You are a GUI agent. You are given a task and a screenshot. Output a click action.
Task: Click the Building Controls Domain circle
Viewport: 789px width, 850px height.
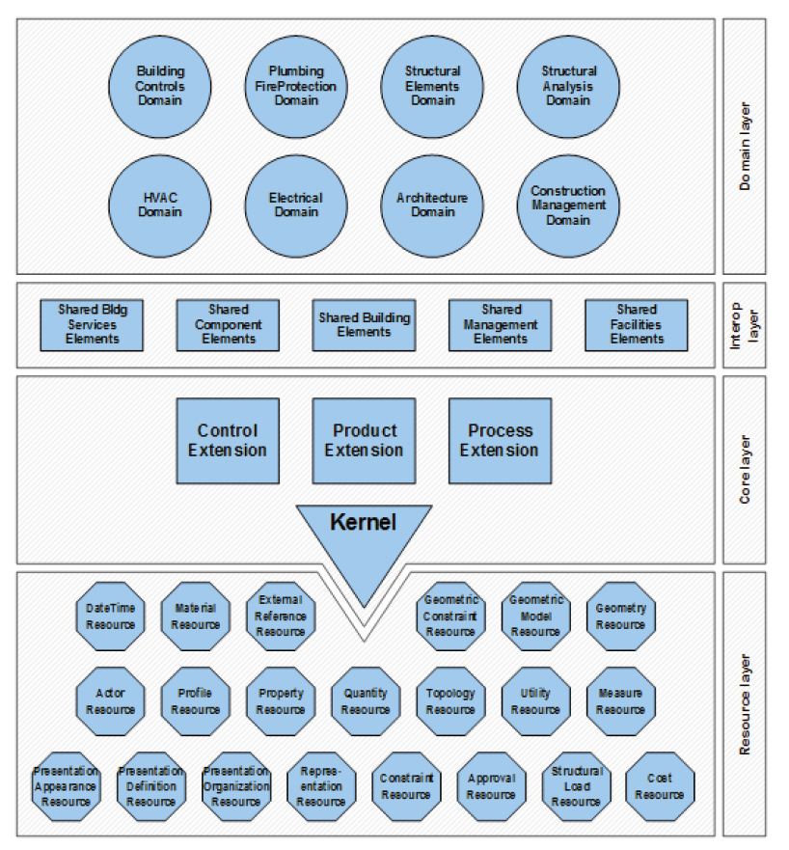[160, 86]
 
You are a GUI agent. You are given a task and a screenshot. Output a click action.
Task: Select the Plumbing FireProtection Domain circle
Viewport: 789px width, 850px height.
[296, 86]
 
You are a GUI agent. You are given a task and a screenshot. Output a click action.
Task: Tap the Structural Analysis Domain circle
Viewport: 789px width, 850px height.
[568, 86]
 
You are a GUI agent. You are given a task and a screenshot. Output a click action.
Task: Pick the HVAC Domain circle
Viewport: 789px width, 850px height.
[160, 206]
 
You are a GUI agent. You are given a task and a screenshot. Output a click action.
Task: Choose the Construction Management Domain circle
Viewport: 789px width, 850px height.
[568, 206]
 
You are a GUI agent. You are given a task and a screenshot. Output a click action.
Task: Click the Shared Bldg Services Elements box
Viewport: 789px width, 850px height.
[93, 325]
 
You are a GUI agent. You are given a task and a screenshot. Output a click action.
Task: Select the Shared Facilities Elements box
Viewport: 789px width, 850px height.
[637, 325]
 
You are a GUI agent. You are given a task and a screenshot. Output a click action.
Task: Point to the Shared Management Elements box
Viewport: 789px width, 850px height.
[501, 325]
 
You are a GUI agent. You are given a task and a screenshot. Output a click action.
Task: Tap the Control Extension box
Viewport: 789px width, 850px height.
[228, 441]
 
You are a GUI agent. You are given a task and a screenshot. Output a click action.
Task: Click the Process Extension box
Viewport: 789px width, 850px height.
[500, 441]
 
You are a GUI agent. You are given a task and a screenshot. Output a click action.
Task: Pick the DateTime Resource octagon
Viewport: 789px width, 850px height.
[111, 617]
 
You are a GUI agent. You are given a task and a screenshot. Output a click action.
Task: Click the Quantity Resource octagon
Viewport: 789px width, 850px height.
[366, 701]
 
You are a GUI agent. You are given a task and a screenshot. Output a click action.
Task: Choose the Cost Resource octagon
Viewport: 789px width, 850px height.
[660, 786]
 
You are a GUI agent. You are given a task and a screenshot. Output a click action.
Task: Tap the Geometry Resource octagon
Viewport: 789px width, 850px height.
[620, 617]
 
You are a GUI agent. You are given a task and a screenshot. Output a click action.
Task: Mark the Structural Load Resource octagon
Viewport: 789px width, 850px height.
[576, 786]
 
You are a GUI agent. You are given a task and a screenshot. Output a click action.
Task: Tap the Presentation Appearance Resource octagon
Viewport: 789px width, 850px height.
[67, 786]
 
